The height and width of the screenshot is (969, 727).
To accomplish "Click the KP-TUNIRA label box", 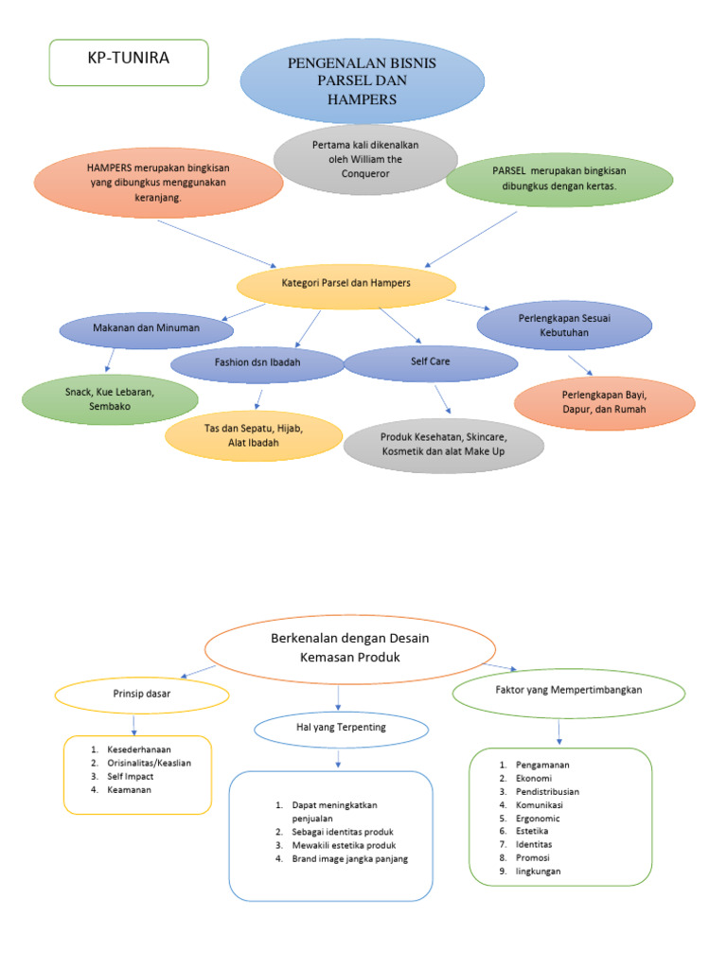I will [128, 62].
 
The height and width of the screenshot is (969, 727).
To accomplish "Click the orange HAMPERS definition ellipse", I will [159, 183].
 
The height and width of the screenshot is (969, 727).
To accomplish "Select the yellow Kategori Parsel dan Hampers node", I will [346, 284].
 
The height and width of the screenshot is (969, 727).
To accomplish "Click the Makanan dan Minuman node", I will [146, 329].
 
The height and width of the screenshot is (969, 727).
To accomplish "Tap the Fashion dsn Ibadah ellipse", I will [257, 363].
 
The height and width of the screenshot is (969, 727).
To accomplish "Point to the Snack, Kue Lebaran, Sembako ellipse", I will [110, 398].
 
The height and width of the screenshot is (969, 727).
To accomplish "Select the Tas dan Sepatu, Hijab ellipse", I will [253, 435].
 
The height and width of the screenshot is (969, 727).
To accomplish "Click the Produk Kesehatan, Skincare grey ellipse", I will [444, 445].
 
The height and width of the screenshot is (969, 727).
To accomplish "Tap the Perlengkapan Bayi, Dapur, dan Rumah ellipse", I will [604, 403].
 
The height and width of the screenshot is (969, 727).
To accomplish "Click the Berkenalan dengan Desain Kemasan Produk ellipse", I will [349, 647].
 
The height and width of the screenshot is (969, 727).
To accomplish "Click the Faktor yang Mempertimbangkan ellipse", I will [569, 691].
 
